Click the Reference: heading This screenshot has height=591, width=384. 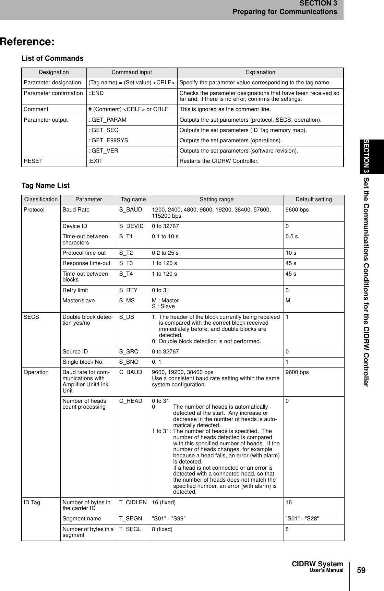tap(27, 42)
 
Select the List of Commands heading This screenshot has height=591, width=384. tap(52, 58)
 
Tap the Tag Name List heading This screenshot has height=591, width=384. tap(45, 185)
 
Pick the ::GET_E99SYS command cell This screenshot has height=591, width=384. tap(108, 141)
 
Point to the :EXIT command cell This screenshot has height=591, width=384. tap(96, 161)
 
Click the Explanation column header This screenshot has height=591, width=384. tap(260, 72)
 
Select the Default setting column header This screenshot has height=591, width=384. tap(313, 200)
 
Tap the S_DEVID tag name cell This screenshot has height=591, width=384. tap(131, 226)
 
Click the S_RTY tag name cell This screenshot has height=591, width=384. tap(128, 290)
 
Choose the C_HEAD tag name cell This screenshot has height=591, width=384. tap(131, 401)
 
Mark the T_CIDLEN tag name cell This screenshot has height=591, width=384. tap(133, 503)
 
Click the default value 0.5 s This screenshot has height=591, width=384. tap(291, 237)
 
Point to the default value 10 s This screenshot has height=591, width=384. tap(291, 253)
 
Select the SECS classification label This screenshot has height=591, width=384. tap(31, 317)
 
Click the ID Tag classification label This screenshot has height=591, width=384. tap(32, 503)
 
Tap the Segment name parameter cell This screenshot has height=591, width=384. tap(82, 519)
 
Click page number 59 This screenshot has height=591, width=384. tap(361, 570)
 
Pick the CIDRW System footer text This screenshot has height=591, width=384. tap(317, 564)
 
